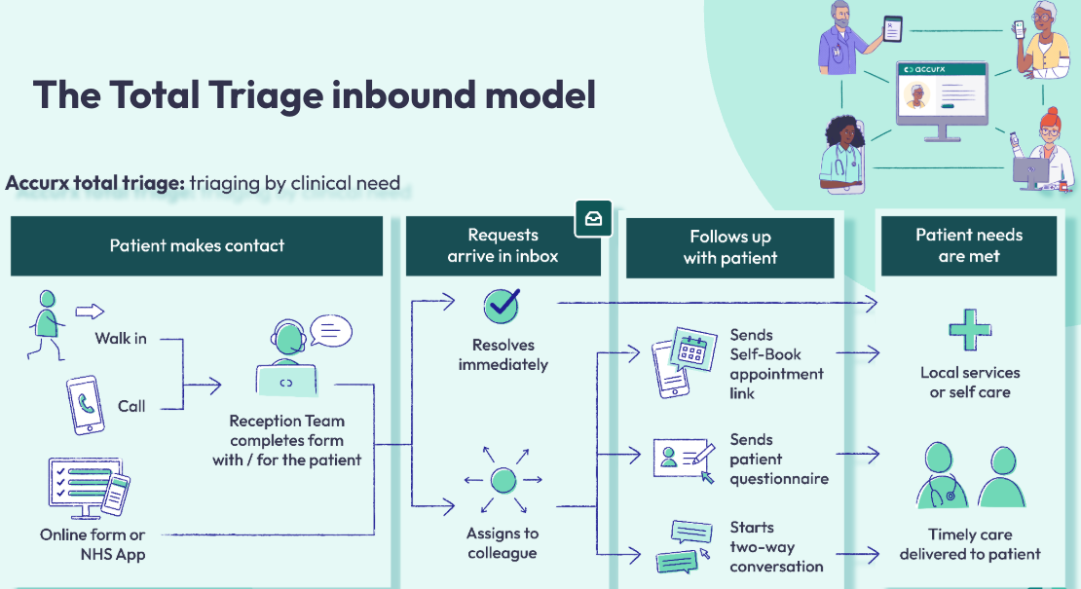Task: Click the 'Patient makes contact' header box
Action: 197,246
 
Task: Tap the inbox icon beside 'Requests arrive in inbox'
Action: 594,218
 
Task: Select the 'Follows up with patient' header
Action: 730,248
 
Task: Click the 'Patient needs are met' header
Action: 969,246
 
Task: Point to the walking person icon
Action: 46,325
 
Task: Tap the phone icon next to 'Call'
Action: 86,405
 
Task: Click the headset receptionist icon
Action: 286,358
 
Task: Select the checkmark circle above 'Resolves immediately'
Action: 502,306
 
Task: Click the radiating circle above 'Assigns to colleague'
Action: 503,480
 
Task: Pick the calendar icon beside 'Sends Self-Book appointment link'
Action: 685,362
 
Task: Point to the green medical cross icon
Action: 970,329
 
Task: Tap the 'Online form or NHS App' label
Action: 93,544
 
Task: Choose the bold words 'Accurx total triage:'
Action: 95,183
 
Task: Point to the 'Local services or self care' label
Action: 970,383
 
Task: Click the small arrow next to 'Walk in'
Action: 90,312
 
